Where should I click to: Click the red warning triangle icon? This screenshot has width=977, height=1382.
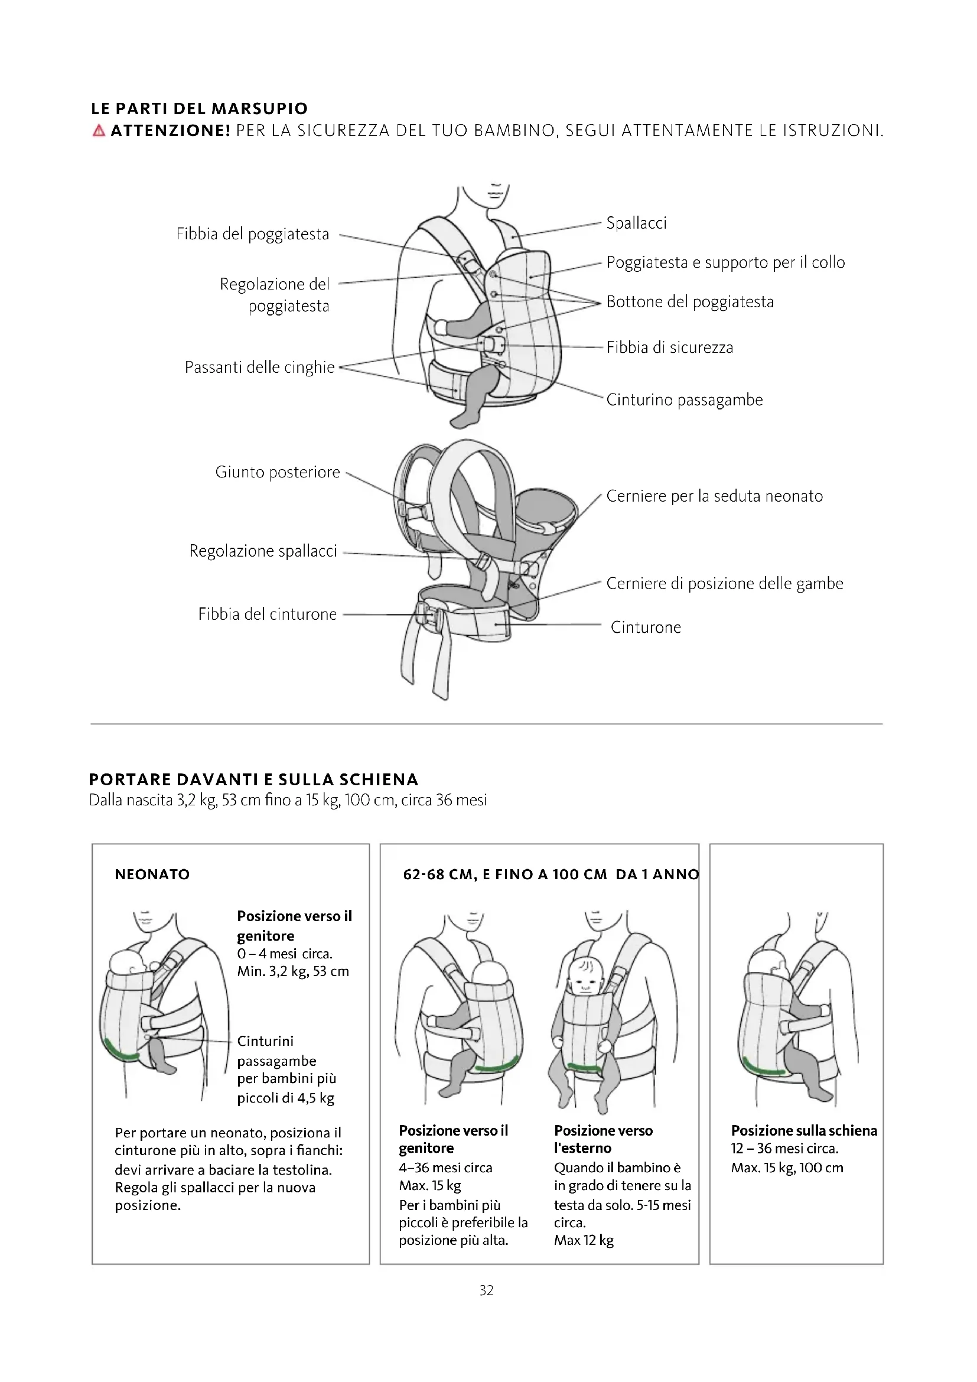[x=99, y=131]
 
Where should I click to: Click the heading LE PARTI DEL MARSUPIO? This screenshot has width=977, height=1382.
[x=199, y=109]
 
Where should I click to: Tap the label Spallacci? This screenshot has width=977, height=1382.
[x=636, y=223]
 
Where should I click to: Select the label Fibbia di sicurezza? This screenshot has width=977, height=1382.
[x=670, y=347]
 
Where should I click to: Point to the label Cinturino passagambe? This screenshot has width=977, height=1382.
[x=684, y=400]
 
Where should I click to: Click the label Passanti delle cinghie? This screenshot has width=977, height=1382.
[x=259, y=367]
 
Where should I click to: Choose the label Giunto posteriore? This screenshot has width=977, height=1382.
[x=278, y=472]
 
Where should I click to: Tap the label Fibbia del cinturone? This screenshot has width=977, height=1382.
[x=267, y=614]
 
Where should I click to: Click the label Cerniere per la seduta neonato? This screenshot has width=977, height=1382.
[x=714, y=496]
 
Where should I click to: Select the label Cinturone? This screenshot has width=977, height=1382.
[x=646, y=627]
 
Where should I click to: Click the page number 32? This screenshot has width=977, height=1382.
[x=486, y=1290]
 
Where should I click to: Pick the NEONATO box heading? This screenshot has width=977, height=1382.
[x=152, y=874]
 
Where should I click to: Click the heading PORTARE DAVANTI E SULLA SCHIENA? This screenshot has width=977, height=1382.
[x=253, y=779]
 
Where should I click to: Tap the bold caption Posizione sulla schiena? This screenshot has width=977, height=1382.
[x=804, y=1130]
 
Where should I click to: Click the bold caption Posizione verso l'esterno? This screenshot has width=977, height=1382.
[x=603, y=1139]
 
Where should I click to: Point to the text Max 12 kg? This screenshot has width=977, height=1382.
[x=584, y=1240]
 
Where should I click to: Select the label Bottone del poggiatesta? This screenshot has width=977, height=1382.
[x=689, y=301]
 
